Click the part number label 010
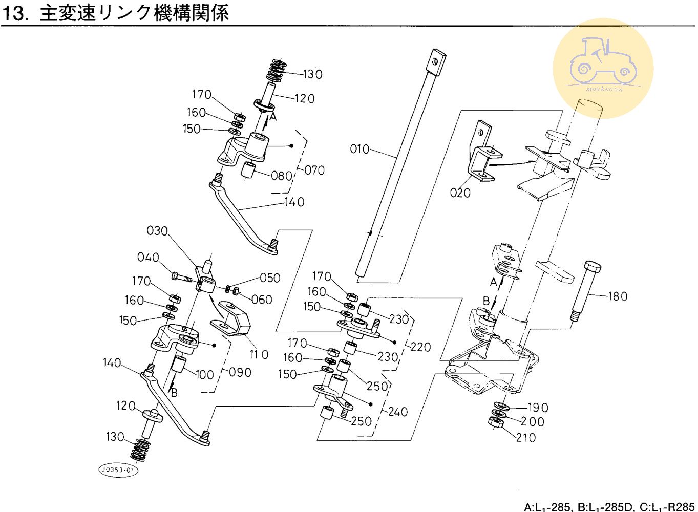point(359,149)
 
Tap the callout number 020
point(460,193)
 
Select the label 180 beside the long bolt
point(617,296)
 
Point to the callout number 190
point(538,408)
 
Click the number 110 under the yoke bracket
point(259,354)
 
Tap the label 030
point(157,231)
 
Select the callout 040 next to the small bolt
point(148,258)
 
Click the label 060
point(262,300)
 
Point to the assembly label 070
point(314,170)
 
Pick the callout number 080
point(282,176)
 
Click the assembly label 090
point(241,372)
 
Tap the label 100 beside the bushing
point(205,375)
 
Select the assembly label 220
point(420,347)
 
